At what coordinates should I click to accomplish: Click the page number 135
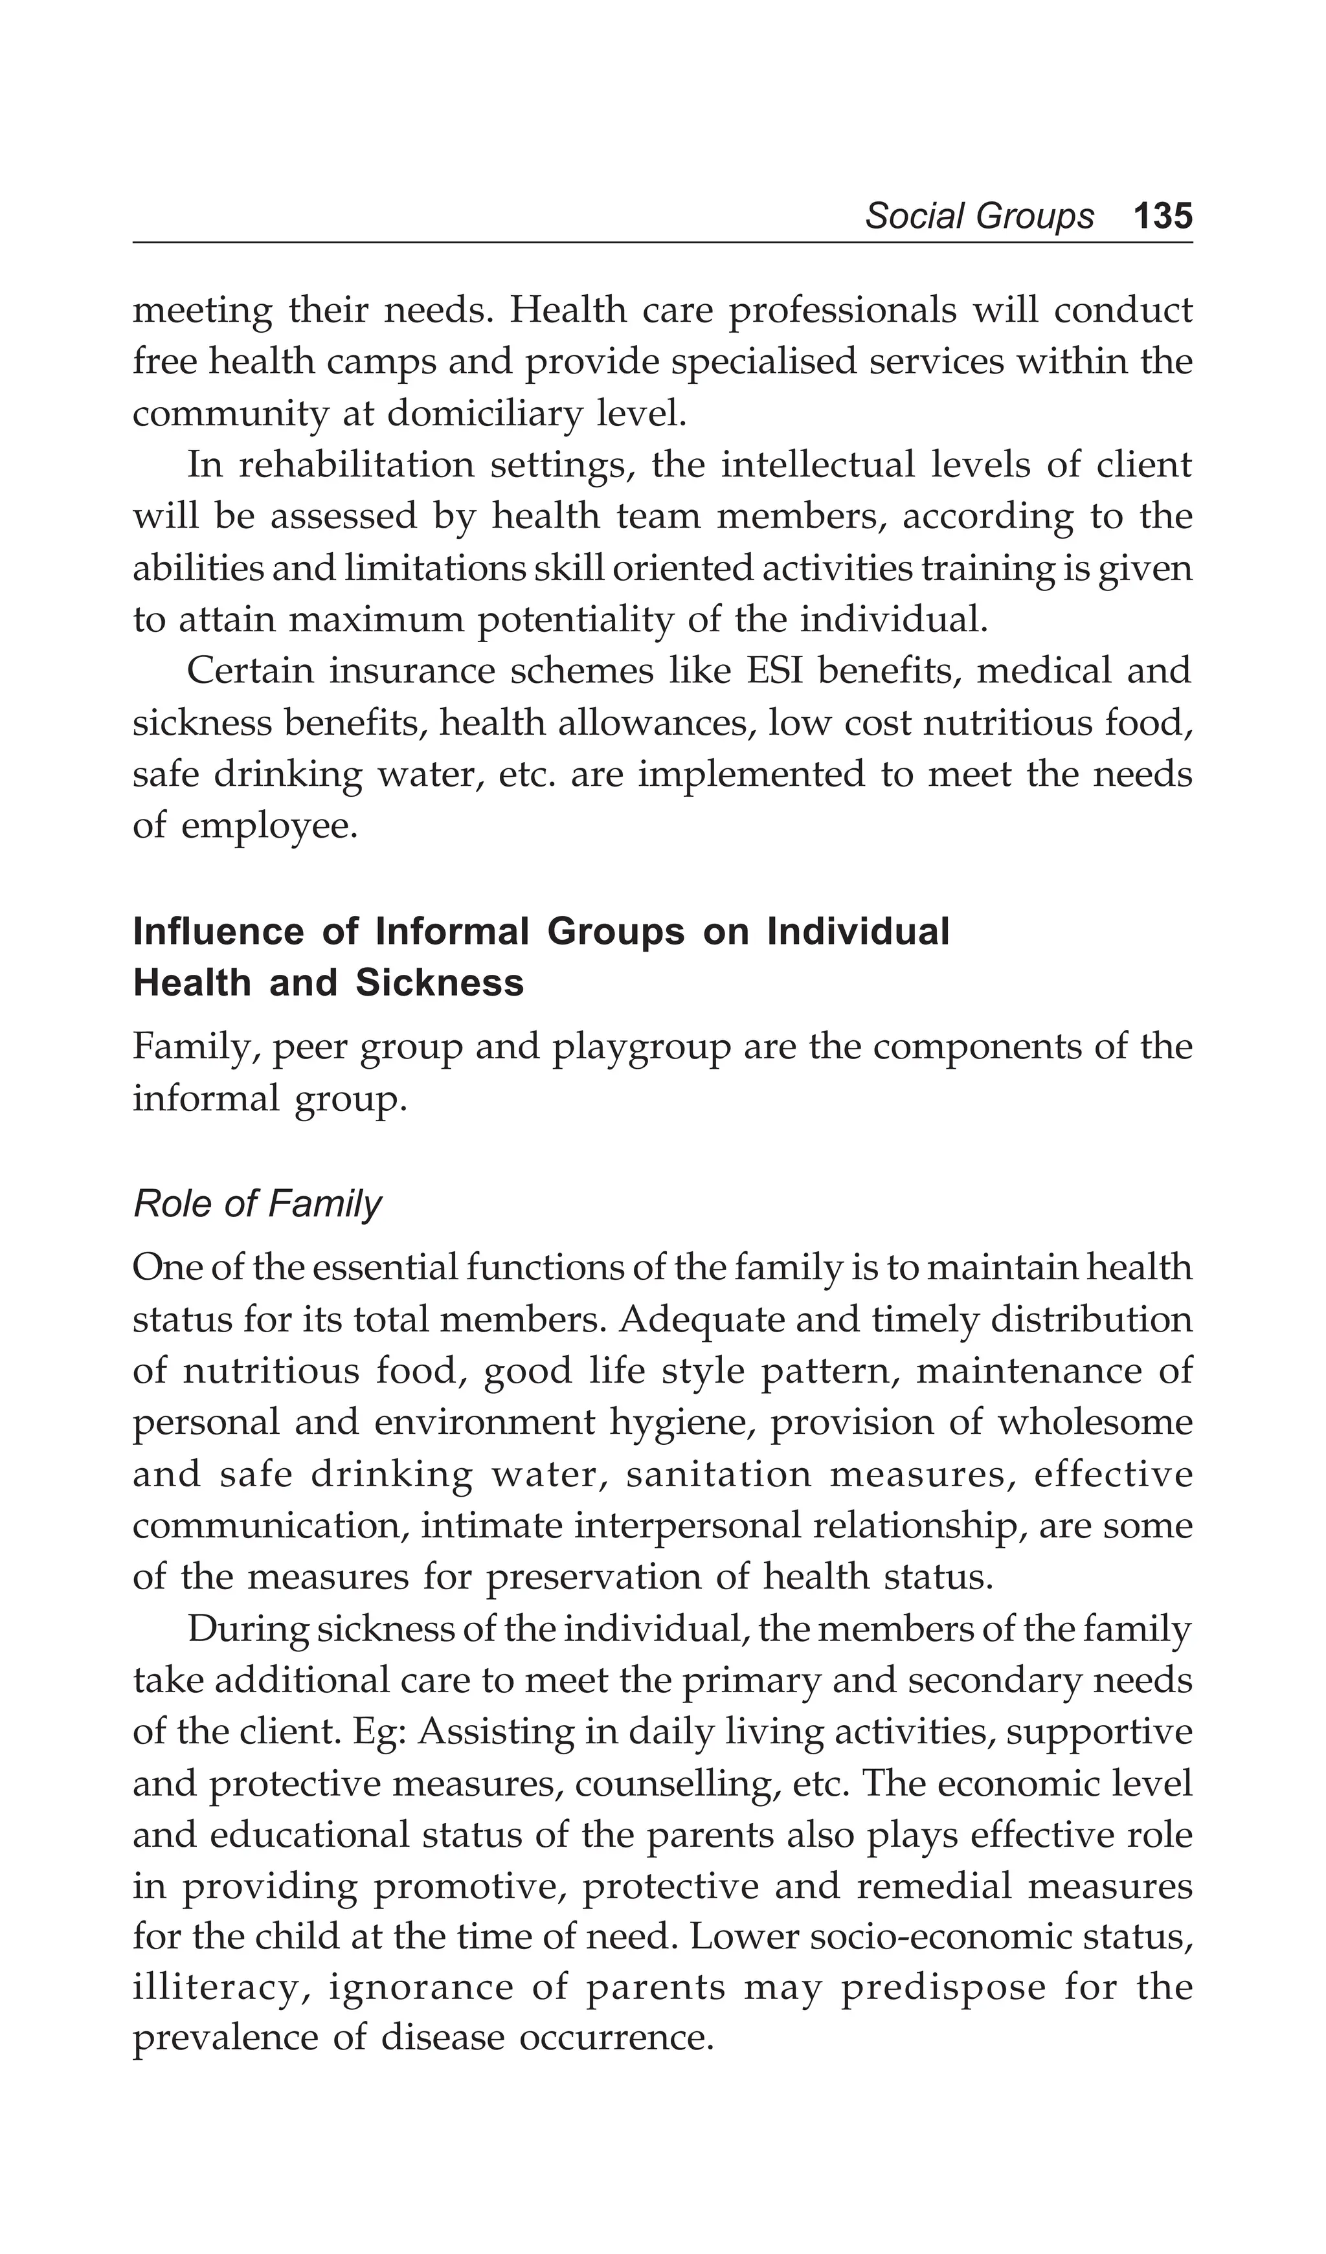(x=1162, y=216)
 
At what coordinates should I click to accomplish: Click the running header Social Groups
(x=979, y=216)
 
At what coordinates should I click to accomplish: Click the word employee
(x=269, y=825)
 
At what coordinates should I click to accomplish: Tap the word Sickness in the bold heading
(x=440, y=983)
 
